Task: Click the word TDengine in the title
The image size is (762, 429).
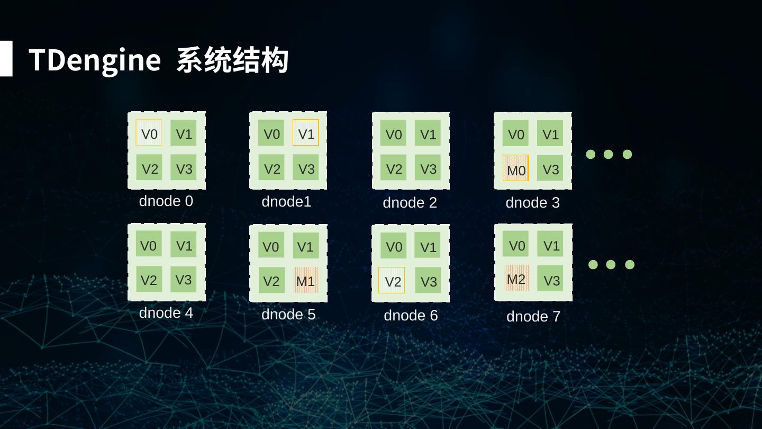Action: tap(94, 59)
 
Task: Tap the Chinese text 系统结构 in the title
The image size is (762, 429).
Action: tap(232, 60)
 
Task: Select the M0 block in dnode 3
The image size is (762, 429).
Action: tap(516, 168)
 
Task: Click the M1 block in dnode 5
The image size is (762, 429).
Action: tap(306, 280)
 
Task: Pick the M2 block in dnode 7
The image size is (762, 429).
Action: tap(516, 278)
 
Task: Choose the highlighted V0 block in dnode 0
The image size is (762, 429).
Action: tap(149, 133)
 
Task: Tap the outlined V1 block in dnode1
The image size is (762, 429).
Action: tap(306, 133)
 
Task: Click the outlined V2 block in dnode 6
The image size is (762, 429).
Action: tap(392, 280)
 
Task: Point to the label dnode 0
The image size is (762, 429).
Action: tap(166, 201)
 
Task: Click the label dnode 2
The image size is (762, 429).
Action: tap(410, 202)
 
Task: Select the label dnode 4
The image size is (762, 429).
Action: tap(166, 313)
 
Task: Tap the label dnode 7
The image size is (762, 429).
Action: tap(533, 316)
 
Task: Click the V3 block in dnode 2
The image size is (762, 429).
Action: tap(428, 168)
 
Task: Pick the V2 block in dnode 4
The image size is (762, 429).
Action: tap(149, 279)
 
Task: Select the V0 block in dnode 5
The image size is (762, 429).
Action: tap(271, 246)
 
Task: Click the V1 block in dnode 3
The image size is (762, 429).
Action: tap(550, 133)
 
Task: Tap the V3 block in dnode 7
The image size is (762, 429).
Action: tap(551, 279)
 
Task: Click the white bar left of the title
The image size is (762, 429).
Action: tap(6, 59)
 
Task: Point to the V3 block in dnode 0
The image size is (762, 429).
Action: tap(184, 168)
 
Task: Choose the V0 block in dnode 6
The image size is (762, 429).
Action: tap(394, 246)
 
